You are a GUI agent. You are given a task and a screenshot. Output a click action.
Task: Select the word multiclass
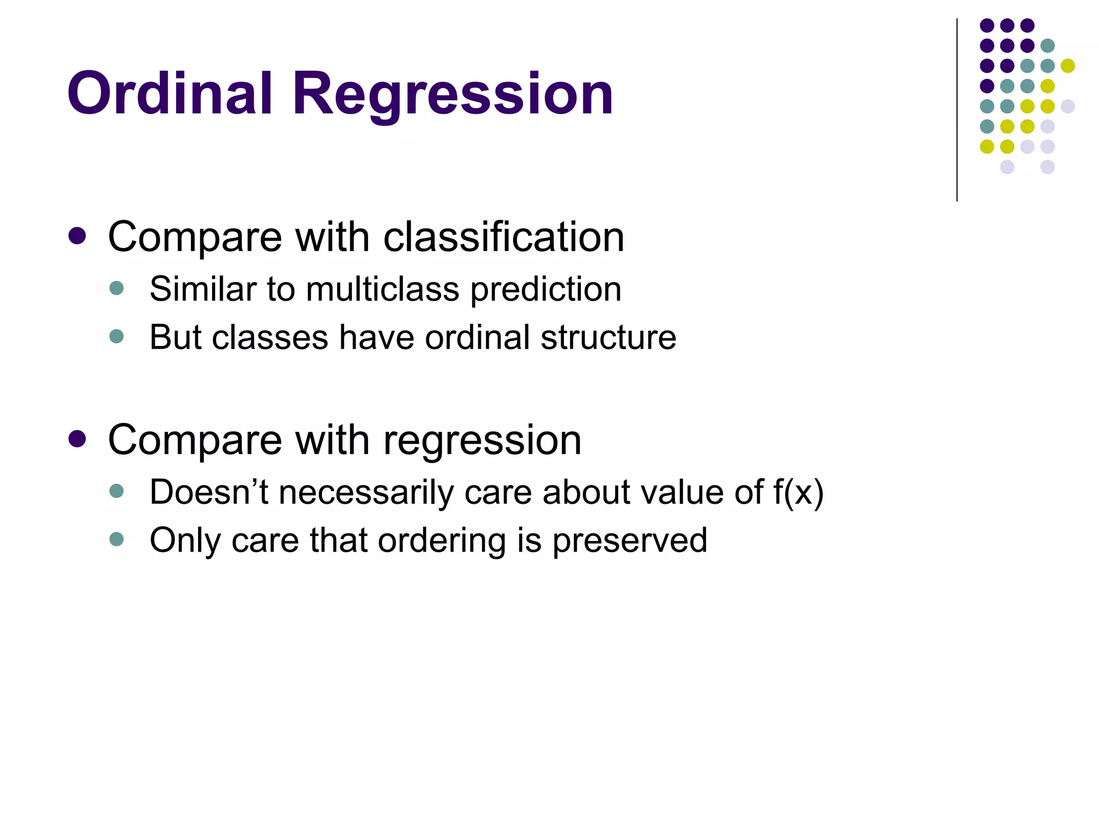[x=383, y=289]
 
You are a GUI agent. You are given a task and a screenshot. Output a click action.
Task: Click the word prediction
[x=546, y=290]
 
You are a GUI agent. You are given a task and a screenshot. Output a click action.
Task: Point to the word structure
[x=608, y=337]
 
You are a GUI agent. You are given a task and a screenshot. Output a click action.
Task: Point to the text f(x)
[x=798, y=492]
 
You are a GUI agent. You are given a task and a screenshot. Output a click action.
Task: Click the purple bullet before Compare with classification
[x=77, y=236]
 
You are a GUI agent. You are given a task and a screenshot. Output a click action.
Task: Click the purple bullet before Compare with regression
[x=77, y=439]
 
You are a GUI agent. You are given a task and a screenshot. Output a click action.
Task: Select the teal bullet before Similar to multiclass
[x=116, y=288]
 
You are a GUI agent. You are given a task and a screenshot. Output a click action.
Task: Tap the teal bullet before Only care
[x=116, y=539]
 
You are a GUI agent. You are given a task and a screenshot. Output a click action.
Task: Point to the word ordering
[x=442, y=540]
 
